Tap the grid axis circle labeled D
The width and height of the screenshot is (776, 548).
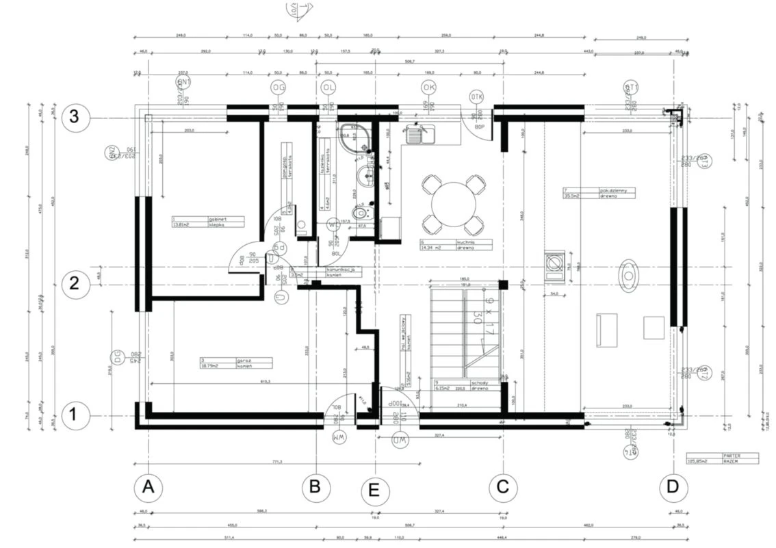(x=673, y=487)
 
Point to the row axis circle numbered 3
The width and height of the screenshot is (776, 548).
(x=75, y=118)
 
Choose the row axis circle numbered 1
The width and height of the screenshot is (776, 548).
(x=75, y=415)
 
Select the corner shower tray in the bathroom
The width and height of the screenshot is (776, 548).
(x=353, y=138)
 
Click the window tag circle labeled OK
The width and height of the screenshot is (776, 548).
(x=428, y=88)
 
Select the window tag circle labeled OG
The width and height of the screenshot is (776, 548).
(x=278, y=88)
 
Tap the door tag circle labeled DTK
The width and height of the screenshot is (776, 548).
(x=477, y=97)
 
